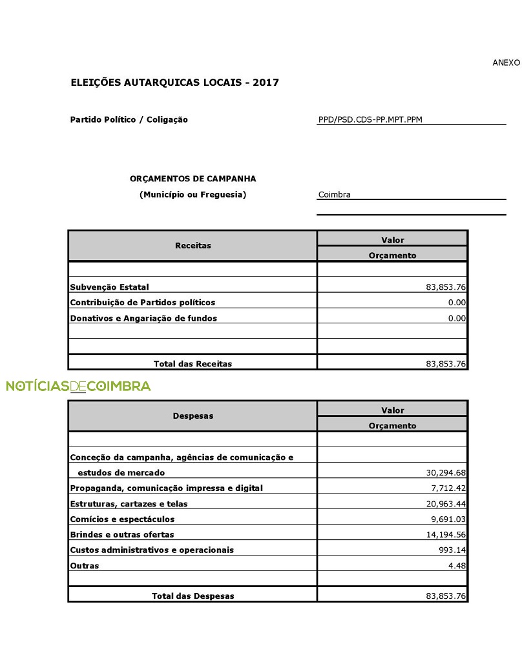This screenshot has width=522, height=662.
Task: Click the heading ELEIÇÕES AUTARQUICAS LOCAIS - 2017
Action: point(174,83)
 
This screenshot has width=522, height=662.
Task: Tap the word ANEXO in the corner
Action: point(506,63)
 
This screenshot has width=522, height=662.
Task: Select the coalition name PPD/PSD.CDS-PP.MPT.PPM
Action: point(370,119)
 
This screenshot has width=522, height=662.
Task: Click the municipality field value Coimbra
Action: point(335,194)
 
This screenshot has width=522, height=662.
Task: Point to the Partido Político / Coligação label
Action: point(129,119)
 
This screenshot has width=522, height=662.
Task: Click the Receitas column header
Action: point(193,246)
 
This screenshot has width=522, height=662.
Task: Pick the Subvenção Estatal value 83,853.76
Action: point(446,287)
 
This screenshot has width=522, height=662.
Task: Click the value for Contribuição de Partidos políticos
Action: point(457,303)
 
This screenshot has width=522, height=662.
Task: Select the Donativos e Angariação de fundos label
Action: point(143,318)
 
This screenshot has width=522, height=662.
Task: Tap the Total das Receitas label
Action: point(193,364)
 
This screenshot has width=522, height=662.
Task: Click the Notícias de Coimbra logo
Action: point(78,386)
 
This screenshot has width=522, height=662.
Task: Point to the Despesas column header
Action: point(193,416)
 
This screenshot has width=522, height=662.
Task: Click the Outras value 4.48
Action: point(457,566)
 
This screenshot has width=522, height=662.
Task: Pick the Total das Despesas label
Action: point(193,596)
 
